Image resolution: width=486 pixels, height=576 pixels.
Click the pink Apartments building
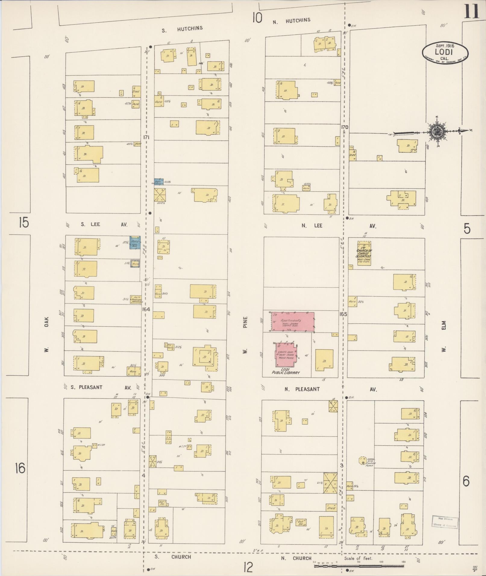pyautogui.click(x=293, y=322)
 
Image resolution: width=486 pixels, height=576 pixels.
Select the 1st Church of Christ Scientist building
pyautogui.click(x=364, y=253)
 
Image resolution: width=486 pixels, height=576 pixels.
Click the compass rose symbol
pyautogui.click(x=436, y=131)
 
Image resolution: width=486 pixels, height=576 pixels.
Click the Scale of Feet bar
pyautogui.click(x=359, y=566)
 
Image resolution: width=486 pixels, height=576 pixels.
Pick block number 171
pyautogui.click(x=146, y=137)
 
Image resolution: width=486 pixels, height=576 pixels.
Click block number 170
pyautogui.click(x=344, y=127)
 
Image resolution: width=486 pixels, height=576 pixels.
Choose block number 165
pyautogui.click(x=343, y=314)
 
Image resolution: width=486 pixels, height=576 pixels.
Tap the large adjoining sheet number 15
pyautogui.click(x=23, y=223)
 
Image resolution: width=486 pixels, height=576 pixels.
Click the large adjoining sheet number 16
pyautogui.click(x=20, y=469)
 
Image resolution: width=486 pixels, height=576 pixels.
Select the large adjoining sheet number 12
pyautogui.click(x=248, y=568)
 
